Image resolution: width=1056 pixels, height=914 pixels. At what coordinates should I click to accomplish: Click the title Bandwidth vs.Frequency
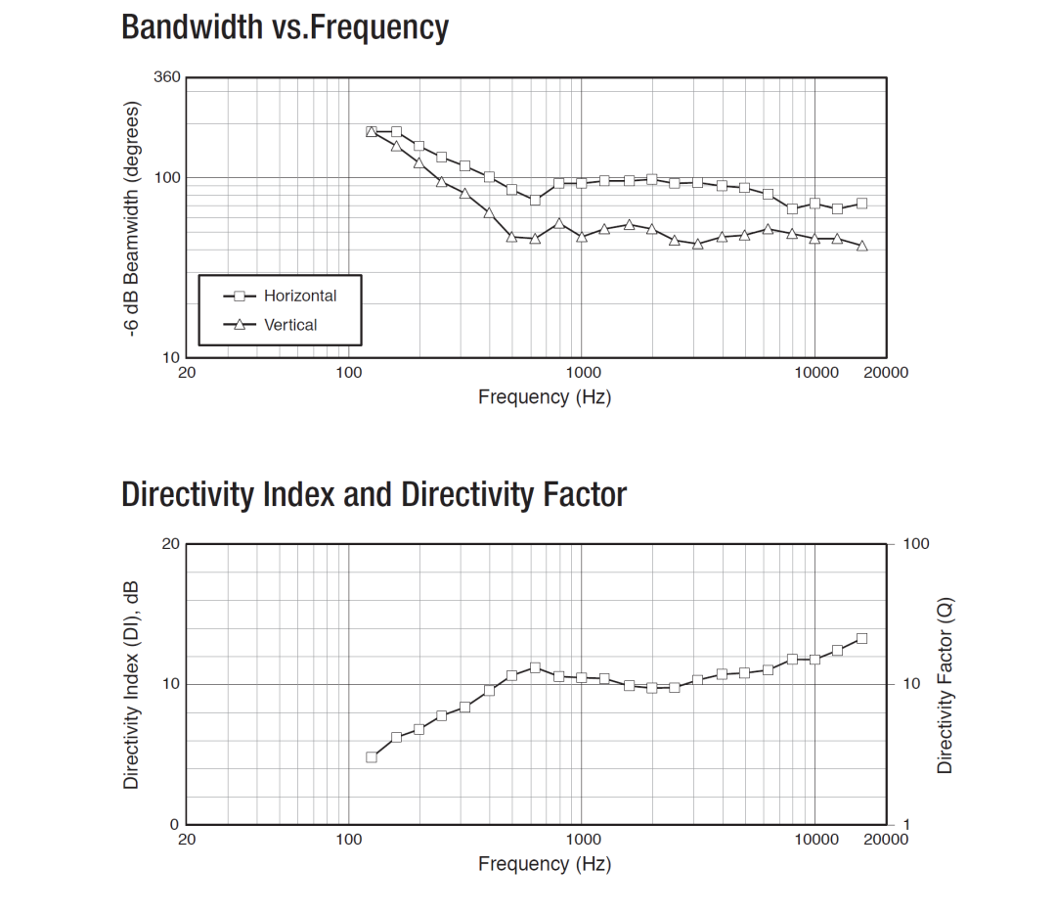285,26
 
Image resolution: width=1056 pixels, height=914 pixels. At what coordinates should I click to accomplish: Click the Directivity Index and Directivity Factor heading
374,494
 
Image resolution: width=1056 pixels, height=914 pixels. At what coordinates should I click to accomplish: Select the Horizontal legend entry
299,296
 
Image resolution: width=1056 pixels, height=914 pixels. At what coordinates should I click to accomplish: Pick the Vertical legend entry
290,325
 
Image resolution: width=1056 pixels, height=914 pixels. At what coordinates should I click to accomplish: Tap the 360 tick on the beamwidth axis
168,77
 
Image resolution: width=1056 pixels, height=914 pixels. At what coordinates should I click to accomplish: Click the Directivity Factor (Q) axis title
945,685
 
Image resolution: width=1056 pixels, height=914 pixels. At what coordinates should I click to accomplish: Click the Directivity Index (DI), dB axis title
132,685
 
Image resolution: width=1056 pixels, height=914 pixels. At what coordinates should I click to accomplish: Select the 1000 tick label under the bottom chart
584,840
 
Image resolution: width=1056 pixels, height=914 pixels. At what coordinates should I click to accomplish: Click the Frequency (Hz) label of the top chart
545,397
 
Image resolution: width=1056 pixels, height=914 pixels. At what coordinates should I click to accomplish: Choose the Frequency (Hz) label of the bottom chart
545,864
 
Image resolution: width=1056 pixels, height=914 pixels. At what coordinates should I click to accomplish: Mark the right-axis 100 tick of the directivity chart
915,544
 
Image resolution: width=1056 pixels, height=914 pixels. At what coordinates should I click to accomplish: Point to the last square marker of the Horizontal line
861,204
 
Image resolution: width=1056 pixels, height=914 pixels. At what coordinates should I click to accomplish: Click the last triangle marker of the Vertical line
861,246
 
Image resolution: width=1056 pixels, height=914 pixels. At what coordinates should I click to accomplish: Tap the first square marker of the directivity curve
372,757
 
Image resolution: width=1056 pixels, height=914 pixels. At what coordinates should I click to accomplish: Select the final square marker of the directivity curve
861,638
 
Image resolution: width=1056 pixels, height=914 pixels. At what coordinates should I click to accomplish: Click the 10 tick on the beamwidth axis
172,357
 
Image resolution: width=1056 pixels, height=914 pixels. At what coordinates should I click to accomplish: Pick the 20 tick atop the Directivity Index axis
172,544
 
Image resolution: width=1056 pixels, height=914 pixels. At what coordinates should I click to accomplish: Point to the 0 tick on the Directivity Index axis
175,824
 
